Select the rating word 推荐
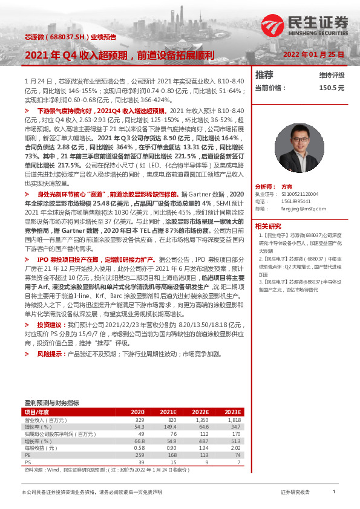[x=264, y=75]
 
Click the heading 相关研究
[x=267, y=225]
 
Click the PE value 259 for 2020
[x=139, y=455]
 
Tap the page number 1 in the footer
[x=333, y=492]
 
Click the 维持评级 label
[x=332, y=75]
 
